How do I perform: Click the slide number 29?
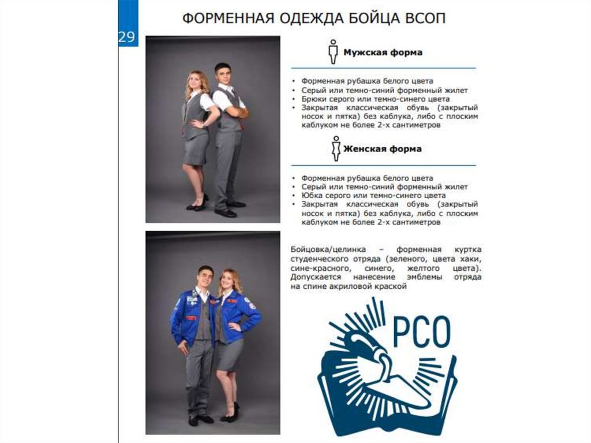127,38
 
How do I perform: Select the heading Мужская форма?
383,53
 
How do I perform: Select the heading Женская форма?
383,149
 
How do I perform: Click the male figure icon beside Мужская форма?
333,52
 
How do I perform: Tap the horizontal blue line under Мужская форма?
383,68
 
